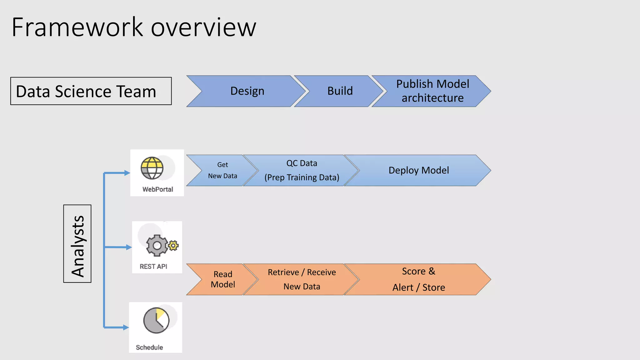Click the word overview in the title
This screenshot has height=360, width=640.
tap(203, 27)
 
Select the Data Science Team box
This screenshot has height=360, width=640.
tap(91, 91)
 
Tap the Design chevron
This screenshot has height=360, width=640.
tap(247, 91)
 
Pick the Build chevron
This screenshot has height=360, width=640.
tap(340, 91)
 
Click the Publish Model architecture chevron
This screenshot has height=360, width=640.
tap(432, 91)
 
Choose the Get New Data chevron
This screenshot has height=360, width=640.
tap(222, 170)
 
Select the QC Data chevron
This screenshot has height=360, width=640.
tap(302, 170)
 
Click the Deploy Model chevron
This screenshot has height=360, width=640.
tap(418, 170)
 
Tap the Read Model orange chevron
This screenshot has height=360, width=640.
tap(222, 279)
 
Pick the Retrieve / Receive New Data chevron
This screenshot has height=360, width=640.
tap(302, 279)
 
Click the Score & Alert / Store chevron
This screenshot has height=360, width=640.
tap(418, 279)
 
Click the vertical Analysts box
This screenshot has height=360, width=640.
tap(77, 244)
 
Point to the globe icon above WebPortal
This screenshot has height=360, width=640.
tap(152, 168)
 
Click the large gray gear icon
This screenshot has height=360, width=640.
tap(157, 246)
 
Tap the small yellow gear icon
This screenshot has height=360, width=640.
tap(173, 245)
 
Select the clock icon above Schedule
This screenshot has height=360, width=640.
tap(156, 320)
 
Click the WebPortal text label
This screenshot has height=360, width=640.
tap(157, 189)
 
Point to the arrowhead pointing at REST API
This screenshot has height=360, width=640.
tap(128, 247)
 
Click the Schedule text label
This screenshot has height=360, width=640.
tap(149, 347)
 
